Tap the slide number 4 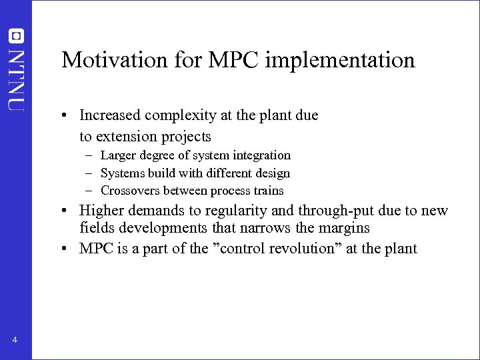point(15,341)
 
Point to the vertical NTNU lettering point(15,79)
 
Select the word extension point(123,137)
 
